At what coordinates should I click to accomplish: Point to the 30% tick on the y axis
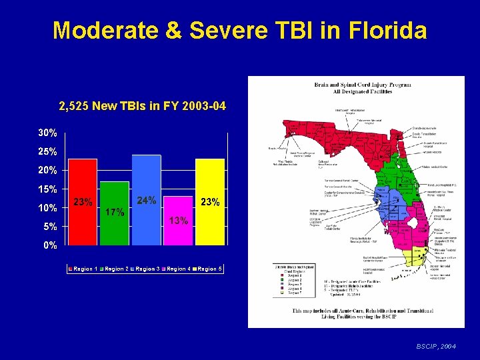tap(47, 133)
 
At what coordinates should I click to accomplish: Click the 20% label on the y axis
tap(47, 170)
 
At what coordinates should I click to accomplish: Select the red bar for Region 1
tap(83, 200)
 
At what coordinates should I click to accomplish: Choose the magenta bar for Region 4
tap(178, 220)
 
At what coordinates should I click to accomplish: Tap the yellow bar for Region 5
tap(210, 200)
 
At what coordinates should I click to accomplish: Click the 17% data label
tap(115, 213)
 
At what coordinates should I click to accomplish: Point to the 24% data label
tap(146, 200)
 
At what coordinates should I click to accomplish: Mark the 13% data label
tap(179, 221)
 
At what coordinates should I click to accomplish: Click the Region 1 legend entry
tap(83, 269)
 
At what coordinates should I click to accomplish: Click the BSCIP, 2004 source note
tap(436, 347)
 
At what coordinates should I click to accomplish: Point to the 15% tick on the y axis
tap(47, 189)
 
